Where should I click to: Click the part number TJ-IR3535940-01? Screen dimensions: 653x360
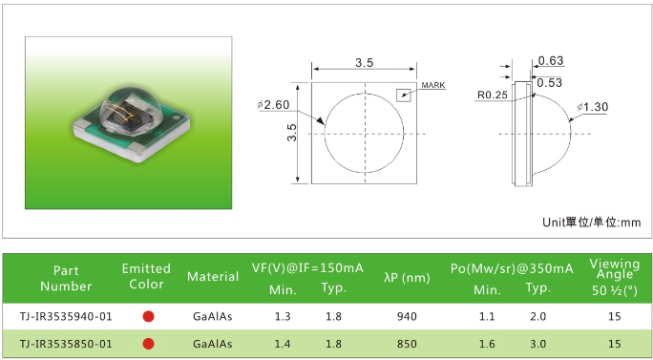[x=66, y=317]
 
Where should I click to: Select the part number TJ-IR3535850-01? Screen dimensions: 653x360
[x=66, y=344]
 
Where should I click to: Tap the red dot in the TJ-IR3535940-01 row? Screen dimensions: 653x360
[x=148, y=317]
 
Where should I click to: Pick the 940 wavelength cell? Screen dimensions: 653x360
[x=407, y=317]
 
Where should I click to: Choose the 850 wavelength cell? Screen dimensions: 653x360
[x=407, y=344]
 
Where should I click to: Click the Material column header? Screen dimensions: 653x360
[x=213, y=277]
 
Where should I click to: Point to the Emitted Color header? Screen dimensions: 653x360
[x=146, y=276]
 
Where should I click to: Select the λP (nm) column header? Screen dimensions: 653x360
[x=407, y=278]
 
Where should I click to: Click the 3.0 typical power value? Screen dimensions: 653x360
[x=537, y=344]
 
